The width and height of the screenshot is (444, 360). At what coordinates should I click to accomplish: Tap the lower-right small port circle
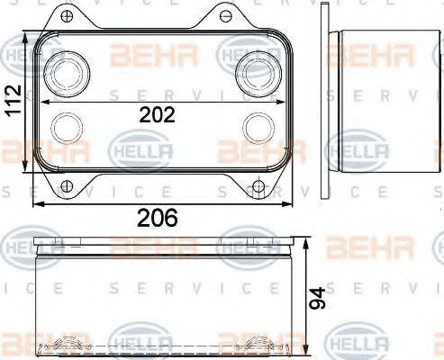pos(256,125)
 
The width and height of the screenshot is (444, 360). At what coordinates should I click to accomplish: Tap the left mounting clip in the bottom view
pos(68,346)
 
